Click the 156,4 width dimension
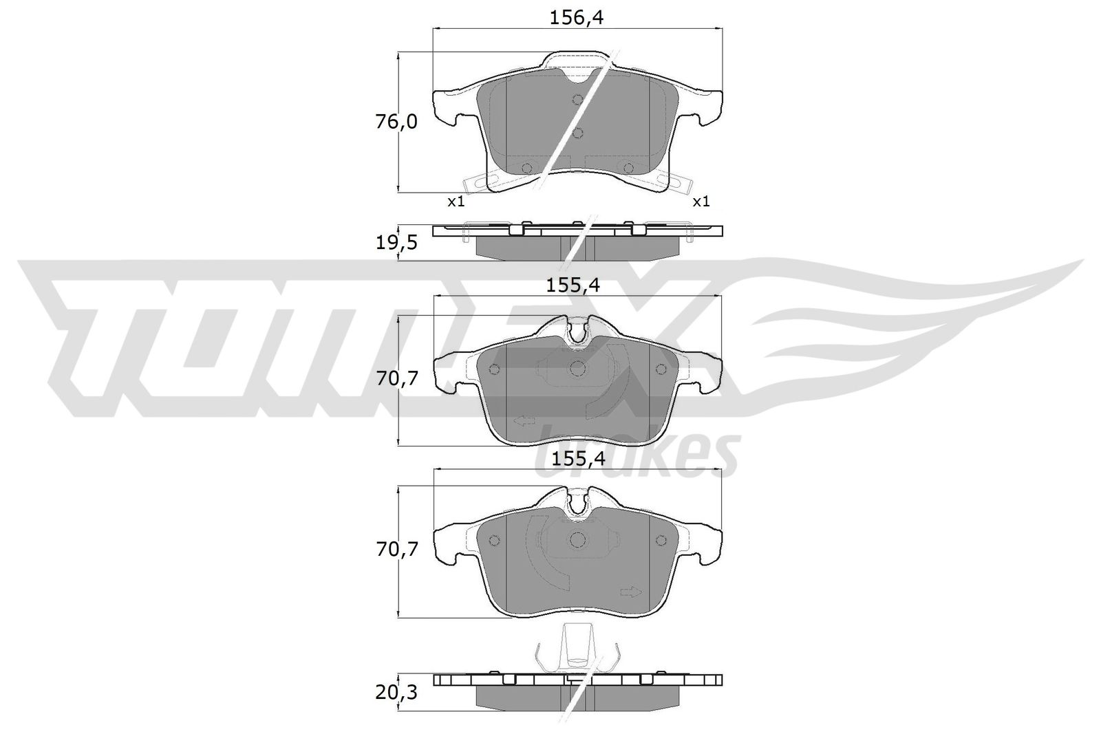(576, 19)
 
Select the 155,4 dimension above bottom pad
(576, 459)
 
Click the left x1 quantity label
(456, 202)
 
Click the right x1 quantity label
(701, 202)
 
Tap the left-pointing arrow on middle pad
(524, 420)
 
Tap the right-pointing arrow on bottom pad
(630, 592)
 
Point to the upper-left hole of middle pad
(493, 369)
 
